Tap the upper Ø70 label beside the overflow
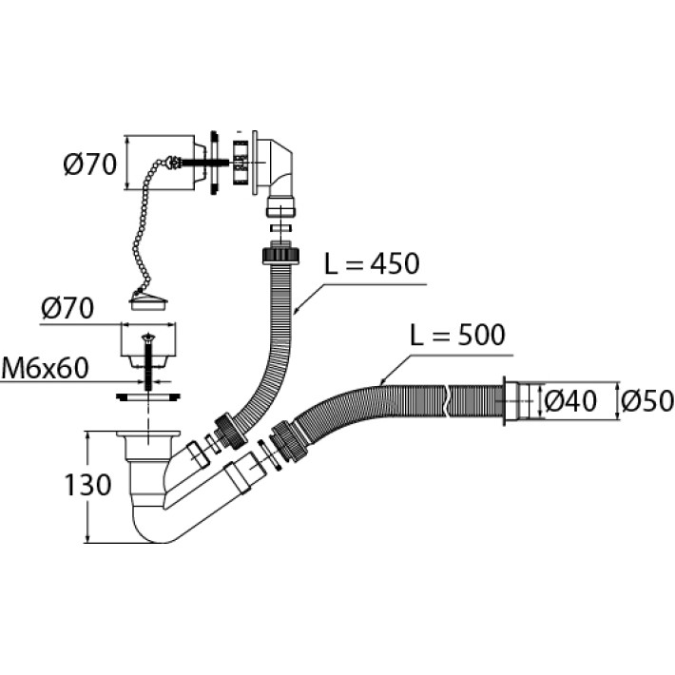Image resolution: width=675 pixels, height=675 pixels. tap(89, 164)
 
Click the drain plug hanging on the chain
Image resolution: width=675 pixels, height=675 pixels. tap(146, 302)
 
